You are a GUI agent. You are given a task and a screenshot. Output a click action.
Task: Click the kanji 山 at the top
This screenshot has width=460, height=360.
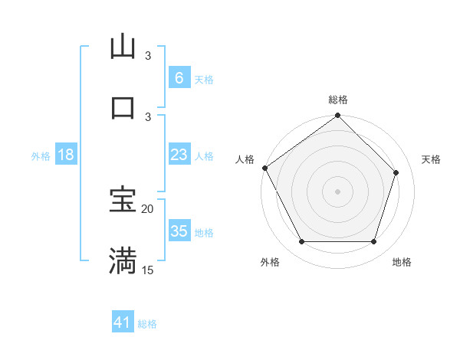point(123,47)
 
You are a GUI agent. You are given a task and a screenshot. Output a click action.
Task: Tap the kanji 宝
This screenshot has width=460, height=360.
point(123,200)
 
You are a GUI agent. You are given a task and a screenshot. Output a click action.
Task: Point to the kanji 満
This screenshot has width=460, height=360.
point(123,260)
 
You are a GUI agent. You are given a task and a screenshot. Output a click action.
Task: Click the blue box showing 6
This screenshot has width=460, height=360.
point(179,78)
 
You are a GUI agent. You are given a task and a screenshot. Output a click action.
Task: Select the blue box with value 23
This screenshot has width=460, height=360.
point(179,155)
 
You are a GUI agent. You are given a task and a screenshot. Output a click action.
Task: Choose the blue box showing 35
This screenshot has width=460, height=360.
point(179,231)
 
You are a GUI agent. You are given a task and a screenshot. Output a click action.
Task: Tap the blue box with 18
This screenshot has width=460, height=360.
point(65,155)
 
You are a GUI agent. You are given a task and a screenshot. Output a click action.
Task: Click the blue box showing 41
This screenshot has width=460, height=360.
point(123,323)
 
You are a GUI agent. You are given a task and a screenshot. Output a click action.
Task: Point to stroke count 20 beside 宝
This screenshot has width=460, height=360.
point(148,209)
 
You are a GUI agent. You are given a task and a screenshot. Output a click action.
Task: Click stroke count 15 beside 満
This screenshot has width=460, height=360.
point(148,270)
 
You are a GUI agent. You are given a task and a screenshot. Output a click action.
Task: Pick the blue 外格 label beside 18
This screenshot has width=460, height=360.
point(41,155)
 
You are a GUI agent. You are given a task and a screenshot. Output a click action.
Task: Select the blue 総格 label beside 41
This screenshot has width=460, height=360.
point(147,324)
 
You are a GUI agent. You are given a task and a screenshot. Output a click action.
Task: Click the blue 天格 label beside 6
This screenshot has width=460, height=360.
point(204,79)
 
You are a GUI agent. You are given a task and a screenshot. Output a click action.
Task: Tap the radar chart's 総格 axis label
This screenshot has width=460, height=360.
point(338,100)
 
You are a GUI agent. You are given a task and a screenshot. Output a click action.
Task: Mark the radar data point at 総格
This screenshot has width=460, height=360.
point(338,116)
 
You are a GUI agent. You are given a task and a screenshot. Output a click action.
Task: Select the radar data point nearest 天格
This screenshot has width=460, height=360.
point(396,172)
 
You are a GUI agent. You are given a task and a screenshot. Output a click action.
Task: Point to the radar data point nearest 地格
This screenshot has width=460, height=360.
point(373,242)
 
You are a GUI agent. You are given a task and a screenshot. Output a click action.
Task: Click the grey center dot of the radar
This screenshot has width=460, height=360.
point(338,191)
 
